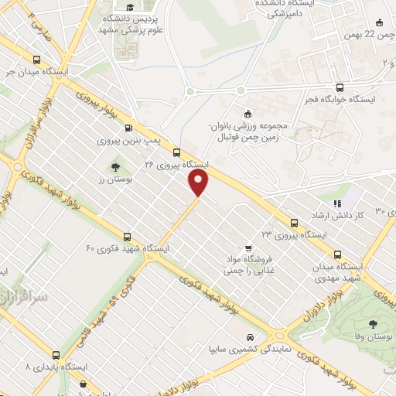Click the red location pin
coord(200,183)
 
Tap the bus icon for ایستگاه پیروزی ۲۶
coord(177,152)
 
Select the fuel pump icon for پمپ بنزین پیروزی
coord(128,128)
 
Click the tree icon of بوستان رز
coord(115,166)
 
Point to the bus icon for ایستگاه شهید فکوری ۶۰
coord(127,237)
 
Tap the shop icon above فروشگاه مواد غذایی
coord(247,248)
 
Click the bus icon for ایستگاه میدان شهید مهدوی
coord(337,253)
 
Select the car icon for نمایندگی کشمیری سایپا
coord(250,337)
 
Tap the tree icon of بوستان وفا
coord(373,325)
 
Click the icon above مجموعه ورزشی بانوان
coord(247,113)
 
